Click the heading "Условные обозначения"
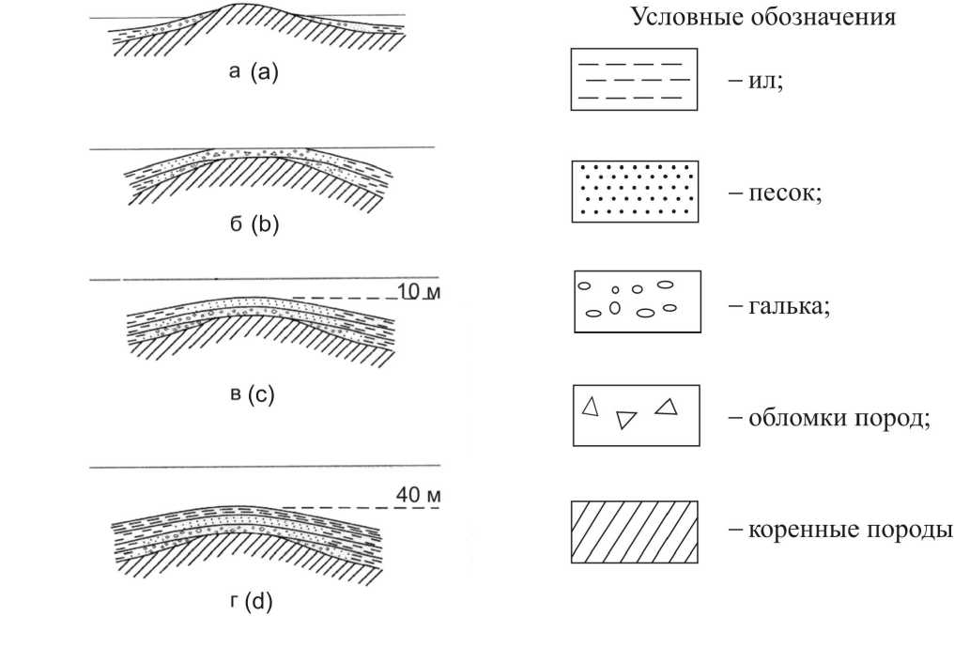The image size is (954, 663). click(762, 17)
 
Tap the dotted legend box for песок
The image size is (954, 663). click(636, 191)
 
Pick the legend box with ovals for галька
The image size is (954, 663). click(638, 301)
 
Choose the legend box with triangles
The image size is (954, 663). click(637, 414)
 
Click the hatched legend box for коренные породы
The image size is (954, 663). click(635, 531)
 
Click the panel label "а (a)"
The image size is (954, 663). click(254, 71)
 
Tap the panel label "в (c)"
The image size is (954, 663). click(253, 393)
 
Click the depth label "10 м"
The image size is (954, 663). click(419, 291)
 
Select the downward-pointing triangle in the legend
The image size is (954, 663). click(625, 420)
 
